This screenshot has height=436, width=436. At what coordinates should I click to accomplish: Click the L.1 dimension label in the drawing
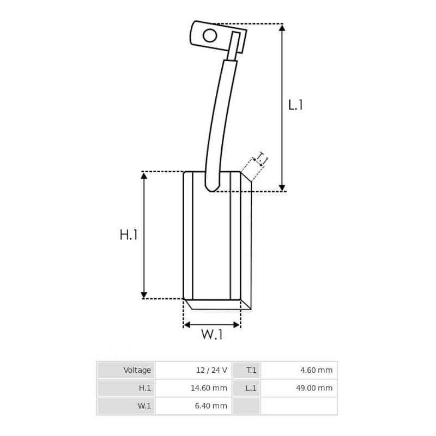pos(295,105)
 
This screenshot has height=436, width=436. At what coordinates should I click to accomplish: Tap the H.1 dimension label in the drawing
pos(129,235)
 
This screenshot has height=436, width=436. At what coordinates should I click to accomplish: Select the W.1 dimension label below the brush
pos(212,335)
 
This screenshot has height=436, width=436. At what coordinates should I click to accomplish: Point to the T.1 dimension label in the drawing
pos(262,159)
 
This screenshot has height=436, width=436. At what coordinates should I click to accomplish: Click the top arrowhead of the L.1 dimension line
pos(282,28)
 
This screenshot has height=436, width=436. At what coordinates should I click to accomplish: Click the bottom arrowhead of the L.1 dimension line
pos(282,187)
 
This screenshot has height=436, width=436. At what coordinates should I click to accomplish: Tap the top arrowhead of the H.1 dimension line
pos(144,175)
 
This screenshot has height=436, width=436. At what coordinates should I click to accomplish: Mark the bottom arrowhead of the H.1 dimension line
pos(144,295)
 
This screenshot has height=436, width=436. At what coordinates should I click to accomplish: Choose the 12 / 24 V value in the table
pos(211,370)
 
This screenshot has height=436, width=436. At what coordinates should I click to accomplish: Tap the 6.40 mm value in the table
pos(211,406)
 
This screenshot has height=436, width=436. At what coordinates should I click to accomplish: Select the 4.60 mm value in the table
pos(316,370)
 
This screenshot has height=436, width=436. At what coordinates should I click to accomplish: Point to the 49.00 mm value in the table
pos(314,388)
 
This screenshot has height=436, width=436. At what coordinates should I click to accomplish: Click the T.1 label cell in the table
pos(251,370)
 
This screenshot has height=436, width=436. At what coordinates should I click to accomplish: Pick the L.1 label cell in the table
pos(251,388)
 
